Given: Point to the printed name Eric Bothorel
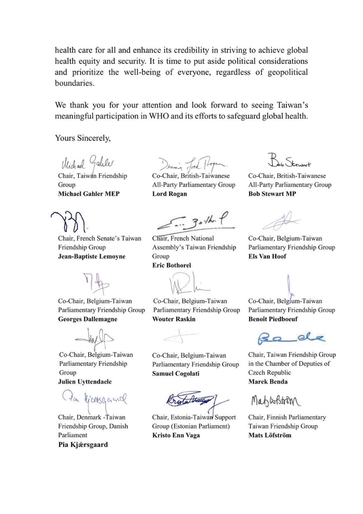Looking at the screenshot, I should pos(172,265).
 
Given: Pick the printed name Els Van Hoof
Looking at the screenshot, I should pos(267,257).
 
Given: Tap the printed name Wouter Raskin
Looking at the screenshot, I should pos(173,319).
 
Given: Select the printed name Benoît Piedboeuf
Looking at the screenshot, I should pos(274,319).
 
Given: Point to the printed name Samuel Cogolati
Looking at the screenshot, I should pos(177,373).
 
